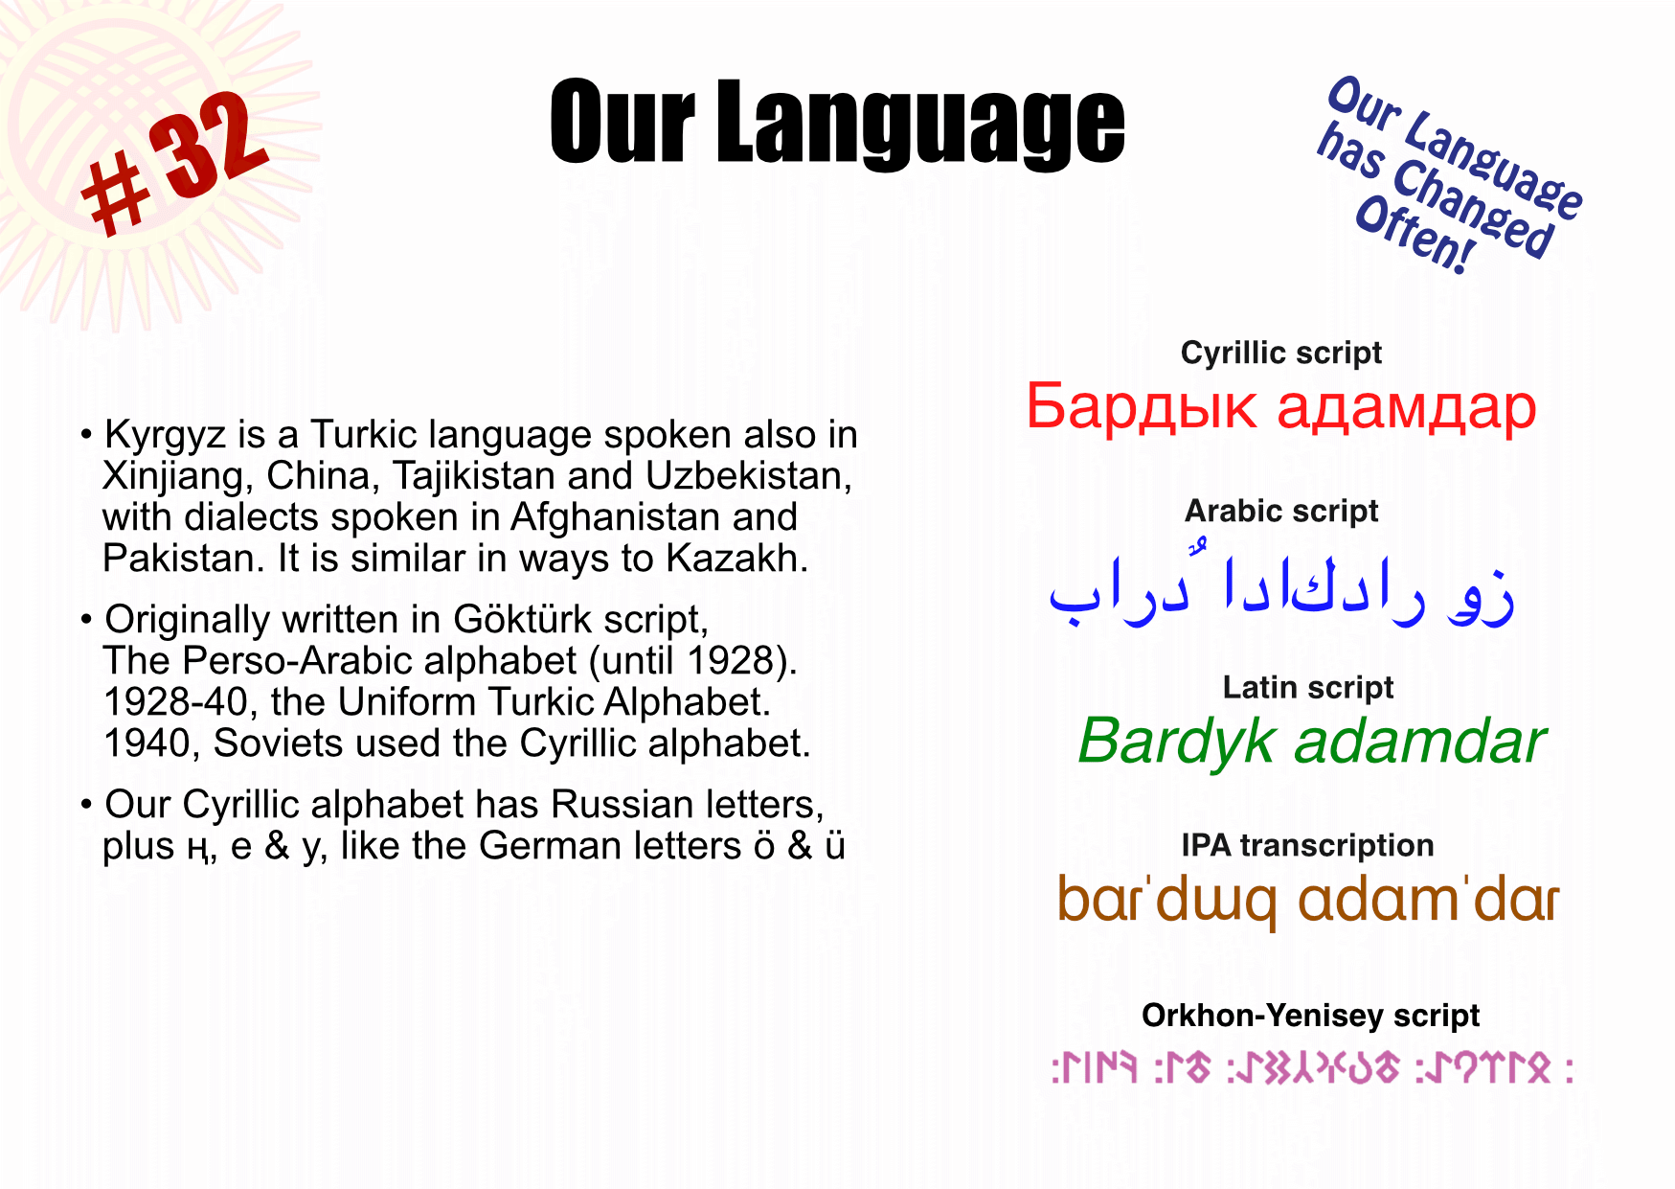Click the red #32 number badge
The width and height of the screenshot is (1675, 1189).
tap(172, 163)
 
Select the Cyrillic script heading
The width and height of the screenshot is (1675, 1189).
tap(1280, 353)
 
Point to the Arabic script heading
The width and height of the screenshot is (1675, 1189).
tap(1281, 511)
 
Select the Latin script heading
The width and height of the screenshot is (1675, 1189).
tap(1307, 687)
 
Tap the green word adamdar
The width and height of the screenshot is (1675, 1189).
tap(1420, 743)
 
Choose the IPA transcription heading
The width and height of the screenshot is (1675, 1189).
tap(1307, 845)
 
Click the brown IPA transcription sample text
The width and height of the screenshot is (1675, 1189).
tap(1308, 901)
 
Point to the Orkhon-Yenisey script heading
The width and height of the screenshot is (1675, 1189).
tap(1310, 1015)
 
